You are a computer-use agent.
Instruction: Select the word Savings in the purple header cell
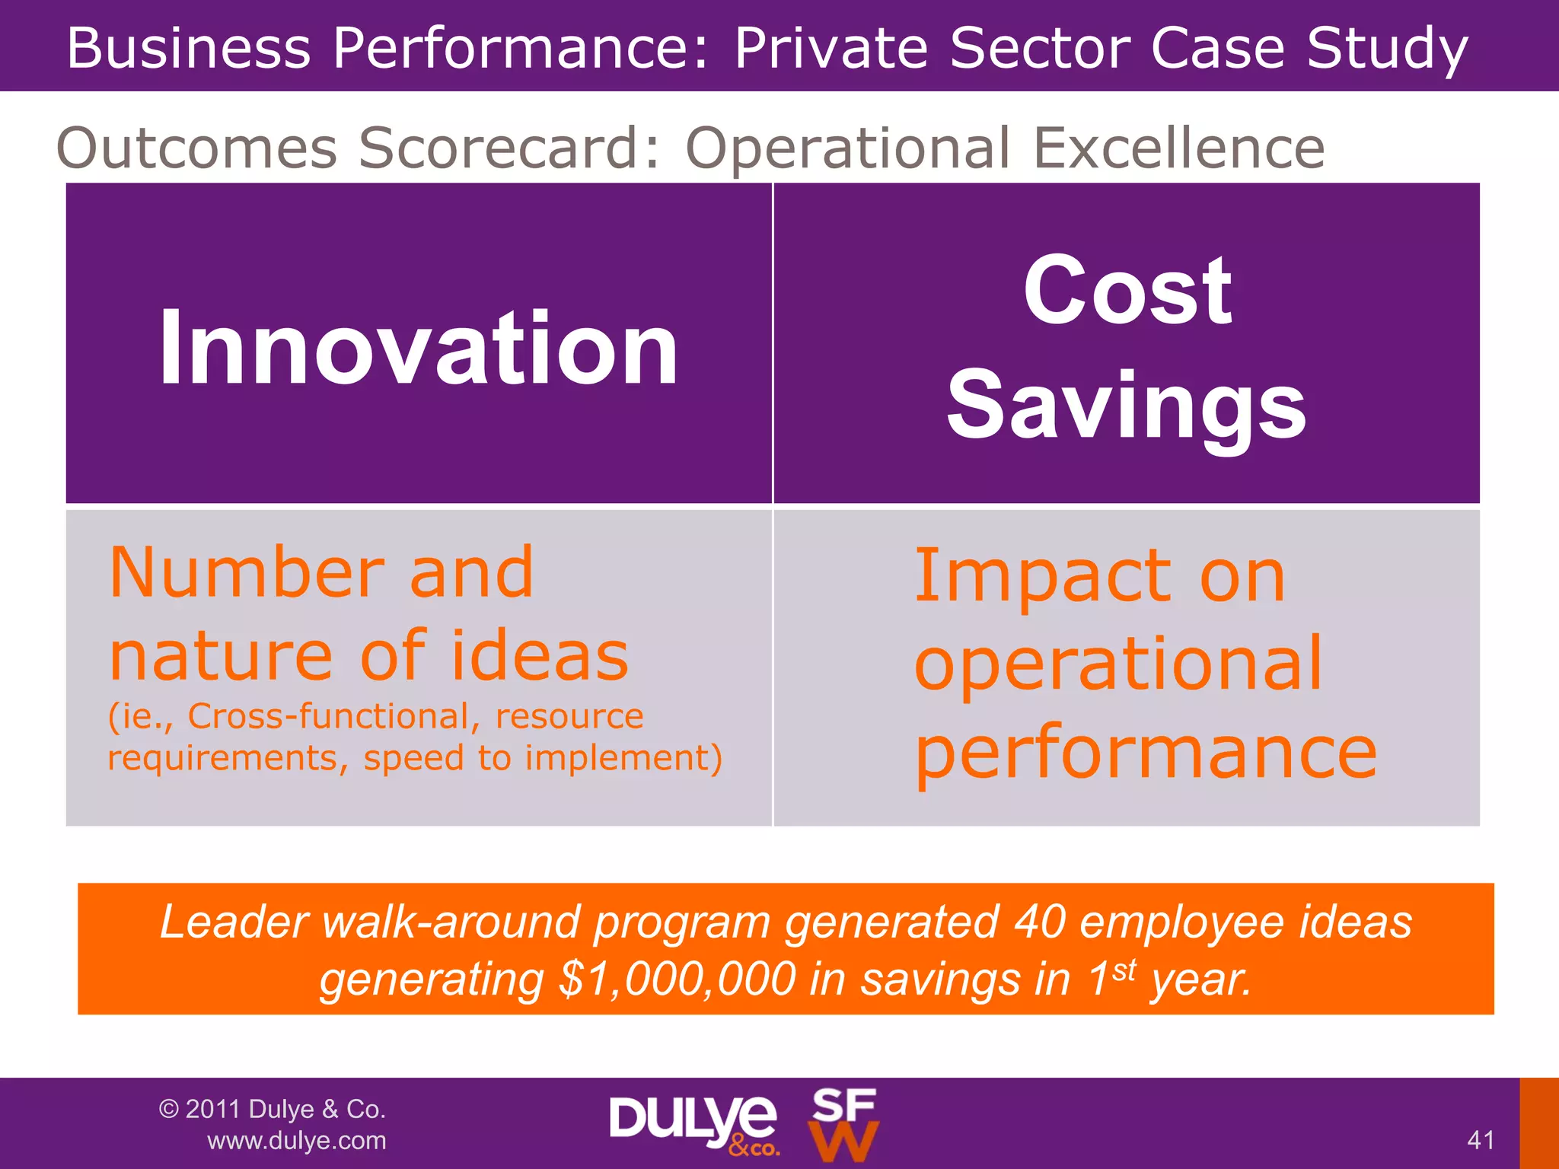point(1127,405)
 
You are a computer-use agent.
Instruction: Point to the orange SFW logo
point(843,1124)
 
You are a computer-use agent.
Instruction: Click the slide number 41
point(1481,1139)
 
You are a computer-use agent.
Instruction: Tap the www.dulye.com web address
point(297,1140)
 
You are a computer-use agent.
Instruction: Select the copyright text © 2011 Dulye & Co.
point(273,1109)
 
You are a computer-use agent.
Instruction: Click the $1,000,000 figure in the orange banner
point(677,979)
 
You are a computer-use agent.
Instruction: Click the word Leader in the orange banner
point(233,922)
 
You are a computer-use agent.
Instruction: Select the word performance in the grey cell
point(1146,753)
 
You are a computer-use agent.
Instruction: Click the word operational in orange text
point(1118,665)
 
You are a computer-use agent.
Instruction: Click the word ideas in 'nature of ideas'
point(540,655)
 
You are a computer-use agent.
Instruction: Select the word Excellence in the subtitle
point(1178,148)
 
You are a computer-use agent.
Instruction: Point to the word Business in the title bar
point(189,48)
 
